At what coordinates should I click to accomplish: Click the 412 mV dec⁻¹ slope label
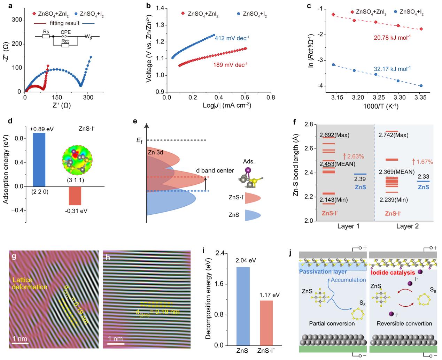click(x=231, y=38)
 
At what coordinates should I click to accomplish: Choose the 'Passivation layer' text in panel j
click(x=323, y=271)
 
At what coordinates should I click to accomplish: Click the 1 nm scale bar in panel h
click(x=116, y=344)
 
